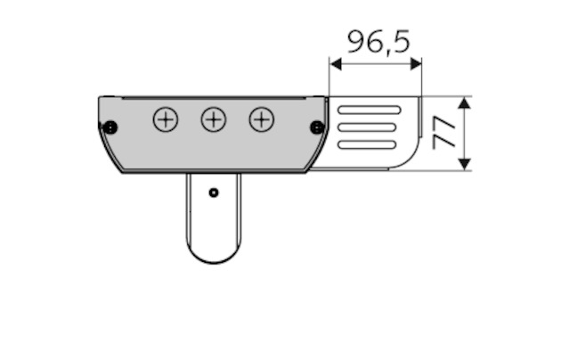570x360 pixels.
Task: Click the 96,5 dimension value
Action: pyautogui.click(x=379, y=42)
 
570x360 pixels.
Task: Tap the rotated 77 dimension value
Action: pyautogui.click(x=444, y=133)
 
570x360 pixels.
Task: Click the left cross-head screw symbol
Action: pyautogui.click(x=166, y=119)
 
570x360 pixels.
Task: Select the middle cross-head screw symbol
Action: pyautogui.click(x=214, y=119)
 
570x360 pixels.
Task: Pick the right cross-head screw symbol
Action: pyautogui.click(x=261, y=119)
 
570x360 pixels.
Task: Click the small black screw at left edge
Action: pyautogui.click(x=110, y=127)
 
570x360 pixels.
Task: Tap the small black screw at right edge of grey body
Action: pyautogui.click(x=317, y=127)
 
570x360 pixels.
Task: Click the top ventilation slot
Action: pyautogui.click(x=370, y=110)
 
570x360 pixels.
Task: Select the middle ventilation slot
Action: pyautogui.click(x=367, y=127)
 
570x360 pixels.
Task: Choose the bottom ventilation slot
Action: pyautogui.click(x=367, y=144)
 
